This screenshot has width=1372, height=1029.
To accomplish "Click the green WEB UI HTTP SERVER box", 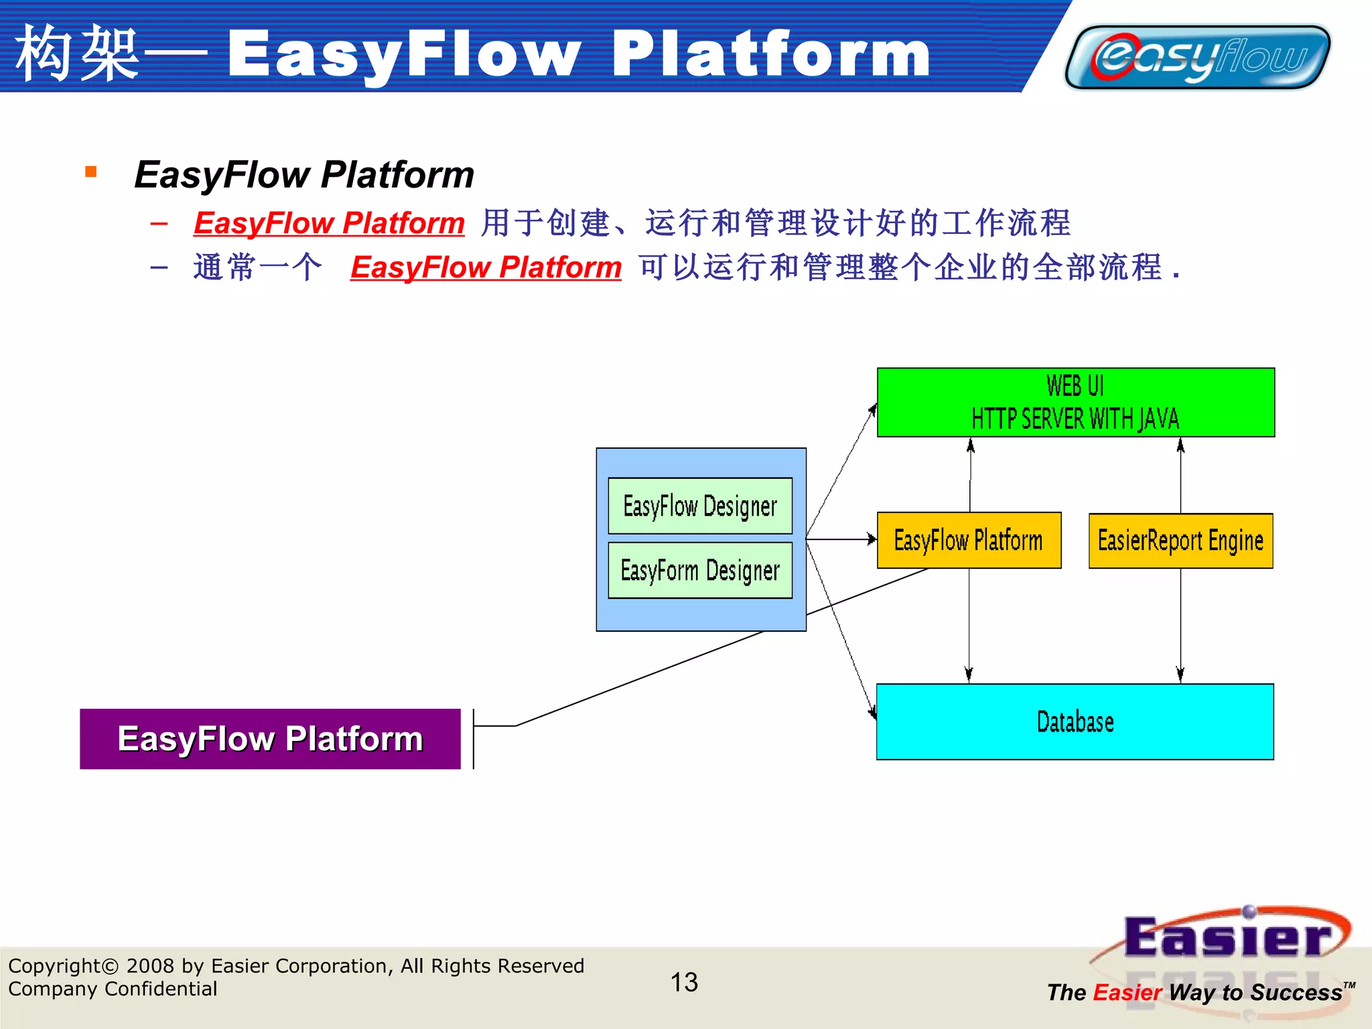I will coord(1075,402).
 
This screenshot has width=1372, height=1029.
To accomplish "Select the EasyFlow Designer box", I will coord(700,506).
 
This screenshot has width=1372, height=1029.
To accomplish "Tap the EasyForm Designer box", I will coord(700,570).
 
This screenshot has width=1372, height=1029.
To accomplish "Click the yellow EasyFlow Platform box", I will coord(969,540).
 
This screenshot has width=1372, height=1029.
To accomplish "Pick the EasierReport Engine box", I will coord(1180,541).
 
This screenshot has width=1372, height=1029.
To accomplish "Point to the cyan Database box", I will coord(1075,722).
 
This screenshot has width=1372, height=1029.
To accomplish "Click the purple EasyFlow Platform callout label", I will coord(270,739).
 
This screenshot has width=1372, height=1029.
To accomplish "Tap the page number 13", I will coord(684,982).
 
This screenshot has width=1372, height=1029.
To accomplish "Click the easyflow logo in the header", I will coord(1197,58).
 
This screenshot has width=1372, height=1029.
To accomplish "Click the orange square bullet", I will coord(91,172).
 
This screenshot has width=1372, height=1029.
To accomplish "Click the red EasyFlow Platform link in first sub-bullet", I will coord(329,223).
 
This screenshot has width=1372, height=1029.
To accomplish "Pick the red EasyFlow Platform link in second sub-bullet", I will coord(486,267).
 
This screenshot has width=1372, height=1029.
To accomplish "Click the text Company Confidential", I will coord(113,989).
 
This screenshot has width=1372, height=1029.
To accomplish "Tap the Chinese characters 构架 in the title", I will coord(77,54).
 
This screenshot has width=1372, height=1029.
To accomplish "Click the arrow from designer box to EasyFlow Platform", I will coord(841,539).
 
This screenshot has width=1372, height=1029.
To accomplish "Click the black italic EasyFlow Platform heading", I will coord(304,175).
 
